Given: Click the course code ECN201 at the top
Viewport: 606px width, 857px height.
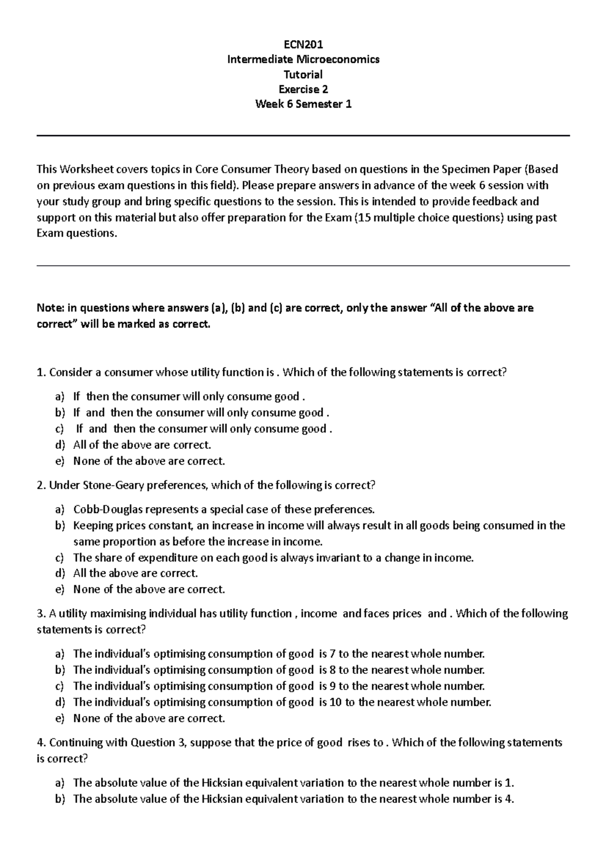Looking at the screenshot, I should pyautogui.click(x=303, y=44).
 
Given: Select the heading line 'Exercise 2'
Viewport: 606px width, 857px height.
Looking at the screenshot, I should pyautogui.click(x=303, y=89).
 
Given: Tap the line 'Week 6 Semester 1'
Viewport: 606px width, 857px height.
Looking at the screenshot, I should pyautogui.click(x=303, y=104).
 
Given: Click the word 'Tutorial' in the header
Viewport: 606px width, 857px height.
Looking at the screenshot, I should pyautogui.click(x=303, y=74).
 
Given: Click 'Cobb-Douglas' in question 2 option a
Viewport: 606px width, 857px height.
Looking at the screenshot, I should pyautogui.click(x=99, y=509).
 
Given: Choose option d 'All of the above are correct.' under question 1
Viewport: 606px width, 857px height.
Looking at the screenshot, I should pyautogui.click(x=141, y=445).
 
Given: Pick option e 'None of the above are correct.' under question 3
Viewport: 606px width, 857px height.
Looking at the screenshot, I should pyautogui.click(x=148, y=718).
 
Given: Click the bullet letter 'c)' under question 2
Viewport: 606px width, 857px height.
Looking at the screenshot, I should pyautogui.click(x=60, y=558).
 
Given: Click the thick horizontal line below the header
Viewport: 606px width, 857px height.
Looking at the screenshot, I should pyautogui.click(x=303, y=136).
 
